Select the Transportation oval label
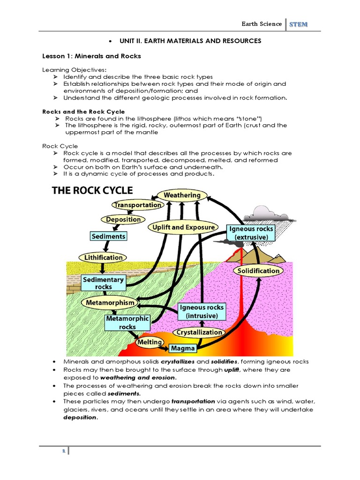click(138, 205)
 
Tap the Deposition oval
click(123, 219)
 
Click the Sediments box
click(108, 236)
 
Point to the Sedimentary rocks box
click(103, 283)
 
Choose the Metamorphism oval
click(110, 303)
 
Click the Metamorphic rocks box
click(127, 322)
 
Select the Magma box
click(183, 349)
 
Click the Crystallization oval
click(199, 332)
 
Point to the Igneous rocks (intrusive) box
click(202, 311)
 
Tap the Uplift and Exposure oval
click(184, 227)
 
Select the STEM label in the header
click(299, 24)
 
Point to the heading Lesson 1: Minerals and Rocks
click(91, 56)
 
